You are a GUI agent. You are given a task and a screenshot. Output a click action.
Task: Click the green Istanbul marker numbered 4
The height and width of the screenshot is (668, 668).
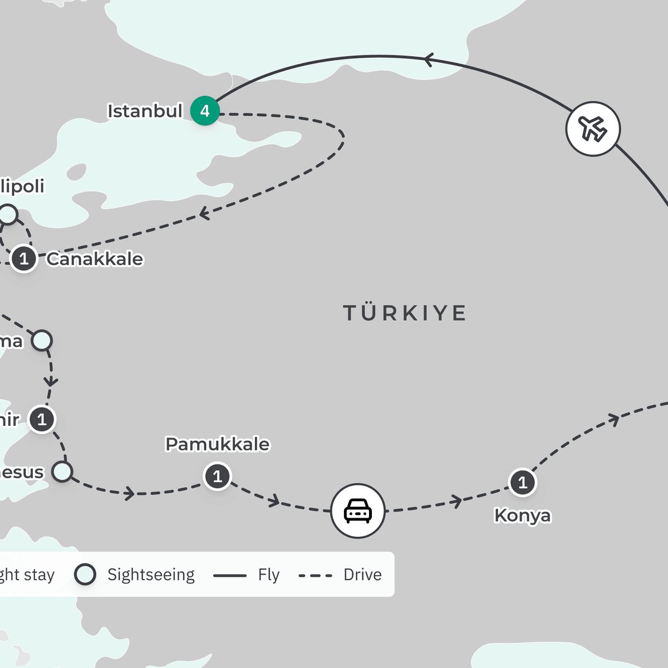pyautogui.click(x=205, y=111)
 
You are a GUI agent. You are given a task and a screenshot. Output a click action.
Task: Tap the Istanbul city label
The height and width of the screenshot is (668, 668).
pyautogui.click(x=145, y=111)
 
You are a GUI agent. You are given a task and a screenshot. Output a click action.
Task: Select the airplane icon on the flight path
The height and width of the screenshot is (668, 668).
pyautogui.click(x=593, y=129)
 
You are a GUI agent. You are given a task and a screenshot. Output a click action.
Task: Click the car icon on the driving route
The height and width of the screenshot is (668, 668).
pyautogui.click(x=358, y=510)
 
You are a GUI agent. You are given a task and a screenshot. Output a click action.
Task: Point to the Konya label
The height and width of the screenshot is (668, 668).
pyautogui.click(x=522, y=515)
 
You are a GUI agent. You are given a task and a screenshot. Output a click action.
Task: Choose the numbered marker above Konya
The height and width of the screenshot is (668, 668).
pyautogui.click(x=522, y=482)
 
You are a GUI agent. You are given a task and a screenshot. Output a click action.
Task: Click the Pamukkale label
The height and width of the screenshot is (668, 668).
pyautogui.click(x=218, y=444)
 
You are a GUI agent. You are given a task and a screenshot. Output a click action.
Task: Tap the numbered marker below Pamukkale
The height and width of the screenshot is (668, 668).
pyautogui.click(x=218, y=477)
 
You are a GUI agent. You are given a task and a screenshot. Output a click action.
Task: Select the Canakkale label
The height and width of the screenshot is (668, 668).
pyautogui.click(x=95, y=259)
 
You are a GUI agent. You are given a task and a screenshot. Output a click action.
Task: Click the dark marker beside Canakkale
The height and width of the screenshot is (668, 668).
pyautogui.click(x=23, y=259)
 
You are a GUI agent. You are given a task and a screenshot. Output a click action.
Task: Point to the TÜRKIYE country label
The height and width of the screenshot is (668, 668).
pyautogui.click(x=405, y=313)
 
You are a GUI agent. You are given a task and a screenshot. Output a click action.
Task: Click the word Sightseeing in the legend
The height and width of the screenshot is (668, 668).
pyautogui.click(x=151, y=574)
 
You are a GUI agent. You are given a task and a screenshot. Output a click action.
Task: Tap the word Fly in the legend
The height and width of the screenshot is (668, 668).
pyautogui.click(x=268, y=574)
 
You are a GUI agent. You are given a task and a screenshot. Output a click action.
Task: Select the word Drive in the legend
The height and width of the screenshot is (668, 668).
pyautogui.click(x=362, y=574)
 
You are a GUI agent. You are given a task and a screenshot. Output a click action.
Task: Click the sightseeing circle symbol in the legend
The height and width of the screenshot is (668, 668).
pyautogui.click(x=85, y=574)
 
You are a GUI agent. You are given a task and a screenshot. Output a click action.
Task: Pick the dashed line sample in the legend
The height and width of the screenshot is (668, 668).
pyautogui.click(x=315, y=576)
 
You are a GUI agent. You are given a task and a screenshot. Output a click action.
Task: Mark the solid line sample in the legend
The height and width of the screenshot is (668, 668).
pyautogui.click(x=229, y=576)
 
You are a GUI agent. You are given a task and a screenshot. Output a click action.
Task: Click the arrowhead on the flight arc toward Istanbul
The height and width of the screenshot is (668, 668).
pyautogui.click(x=429, y=60)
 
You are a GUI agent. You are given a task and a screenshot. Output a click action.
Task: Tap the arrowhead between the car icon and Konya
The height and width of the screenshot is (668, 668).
pyautogui.click(x=457, y=501)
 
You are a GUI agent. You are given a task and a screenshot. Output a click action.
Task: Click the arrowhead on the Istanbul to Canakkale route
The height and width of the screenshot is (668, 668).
pyautogui.click(x=204, y=213)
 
